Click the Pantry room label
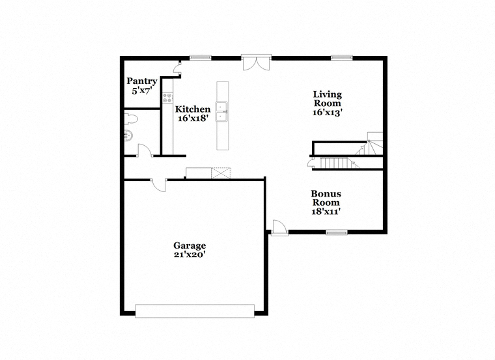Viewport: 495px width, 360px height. click(141, 81)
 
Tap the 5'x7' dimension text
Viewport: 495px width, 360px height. click(141, 92)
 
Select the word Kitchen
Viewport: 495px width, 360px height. click(193, 109)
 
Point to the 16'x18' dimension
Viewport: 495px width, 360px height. click(193, 119)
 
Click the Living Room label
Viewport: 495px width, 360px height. click(328, 98)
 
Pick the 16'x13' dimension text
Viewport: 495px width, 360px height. click(328, 112)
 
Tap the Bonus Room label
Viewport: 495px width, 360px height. click(326, 198)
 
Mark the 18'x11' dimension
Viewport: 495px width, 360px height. click(326, 211)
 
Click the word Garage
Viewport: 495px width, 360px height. click(190, 245)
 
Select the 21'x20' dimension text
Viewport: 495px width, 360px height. click(190, 255)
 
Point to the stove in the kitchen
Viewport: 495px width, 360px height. click(168, 99)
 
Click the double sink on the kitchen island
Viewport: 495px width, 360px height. click(223, 110)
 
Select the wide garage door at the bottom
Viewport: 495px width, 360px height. click(195, 311)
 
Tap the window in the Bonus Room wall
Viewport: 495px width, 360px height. click(336, 232)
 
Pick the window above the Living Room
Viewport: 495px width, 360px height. click(341, 58)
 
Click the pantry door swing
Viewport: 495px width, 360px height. click(177, 68)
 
